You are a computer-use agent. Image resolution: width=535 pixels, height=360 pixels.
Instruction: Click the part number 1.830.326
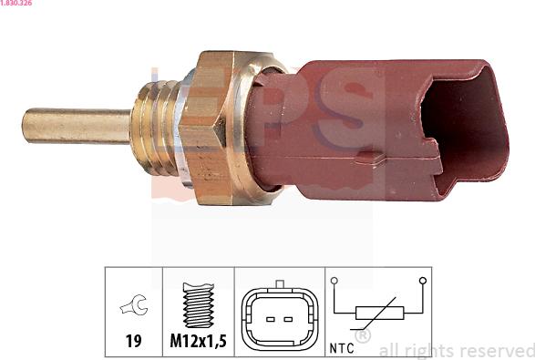pos(16,3)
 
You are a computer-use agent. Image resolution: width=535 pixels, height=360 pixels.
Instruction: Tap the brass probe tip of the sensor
pos(77,126)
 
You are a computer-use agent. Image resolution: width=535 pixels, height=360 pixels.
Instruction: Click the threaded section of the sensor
pos(154,128)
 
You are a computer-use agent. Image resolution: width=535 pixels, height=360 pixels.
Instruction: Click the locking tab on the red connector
pos(369,158)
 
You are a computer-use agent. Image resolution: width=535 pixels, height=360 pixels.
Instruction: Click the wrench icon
pos(134,305)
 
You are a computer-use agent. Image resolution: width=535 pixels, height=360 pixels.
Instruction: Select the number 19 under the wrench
pos(133,341)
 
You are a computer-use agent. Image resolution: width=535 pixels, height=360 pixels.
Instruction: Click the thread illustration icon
pos(199,304)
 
